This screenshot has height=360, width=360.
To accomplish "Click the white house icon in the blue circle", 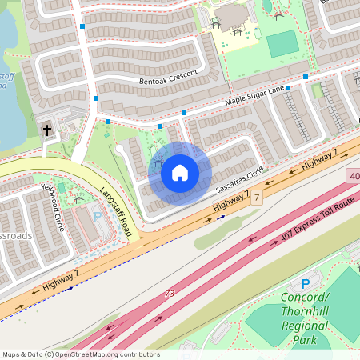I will point(180,172).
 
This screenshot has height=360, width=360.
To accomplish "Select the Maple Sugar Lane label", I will point(254,96).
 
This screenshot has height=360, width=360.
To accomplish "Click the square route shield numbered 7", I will point(257,197).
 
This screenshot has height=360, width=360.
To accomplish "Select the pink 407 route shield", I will point(353,174).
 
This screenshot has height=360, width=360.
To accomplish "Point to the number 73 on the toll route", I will point(169,294).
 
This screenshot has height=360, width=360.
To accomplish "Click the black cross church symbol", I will point(47,130).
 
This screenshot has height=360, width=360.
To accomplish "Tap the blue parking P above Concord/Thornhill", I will point(305,284).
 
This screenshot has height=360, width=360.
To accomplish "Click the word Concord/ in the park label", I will point(303,298).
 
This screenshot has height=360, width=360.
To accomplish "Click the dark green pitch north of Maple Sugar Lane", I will point(282,44).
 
